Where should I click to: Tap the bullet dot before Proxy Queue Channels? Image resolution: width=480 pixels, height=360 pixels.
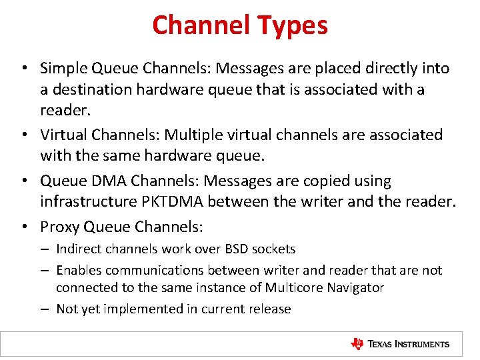(x=23, y=227)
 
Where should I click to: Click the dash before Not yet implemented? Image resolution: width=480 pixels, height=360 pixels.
(x=43, y=309)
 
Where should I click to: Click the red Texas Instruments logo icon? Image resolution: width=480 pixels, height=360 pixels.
(x=357, y=344)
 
